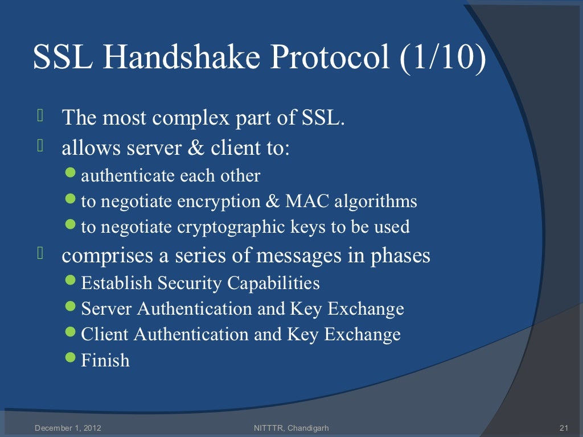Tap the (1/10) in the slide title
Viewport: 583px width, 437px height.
(444, 58)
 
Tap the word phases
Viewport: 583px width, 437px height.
(400, 256)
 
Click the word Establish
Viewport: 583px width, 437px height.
(117, 283)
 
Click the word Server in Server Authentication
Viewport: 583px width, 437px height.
(106, 309)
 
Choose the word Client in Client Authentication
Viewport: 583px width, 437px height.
(105, 334)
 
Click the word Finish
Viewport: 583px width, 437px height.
(105, 360)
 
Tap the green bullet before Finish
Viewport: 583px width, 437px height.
(71, 358)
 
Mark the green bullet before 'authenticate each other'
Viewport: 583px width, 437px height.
(71, 174)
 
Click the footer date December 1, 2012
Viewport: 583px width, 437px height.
(68, 427)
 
